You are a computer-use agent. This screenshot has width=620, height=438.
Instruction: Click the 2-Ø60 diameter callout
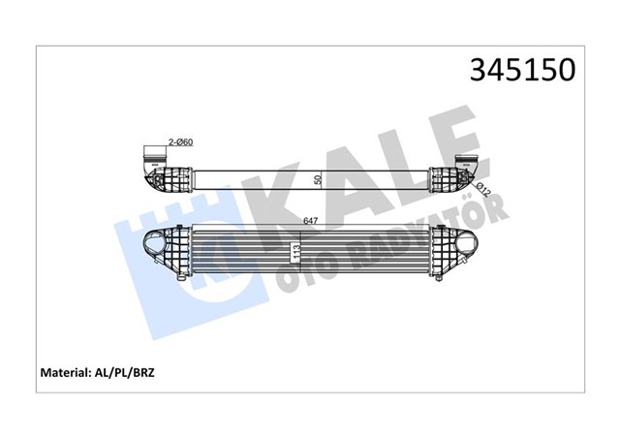[180, 142]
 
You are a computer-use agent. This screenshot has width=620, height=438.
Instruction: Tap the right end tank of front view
[446, 257]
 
